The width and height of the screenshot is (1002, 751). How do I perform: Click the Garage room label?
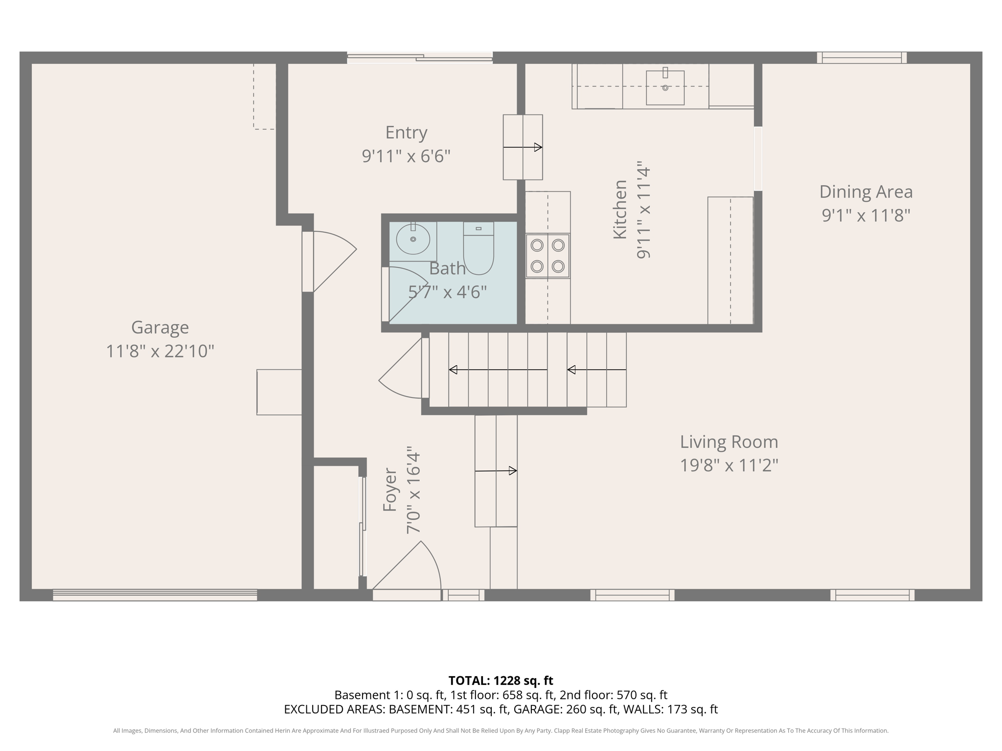click(x=160, y=327)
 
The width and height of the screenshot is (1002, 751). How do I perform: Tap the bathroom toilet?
click(x=478, y=249)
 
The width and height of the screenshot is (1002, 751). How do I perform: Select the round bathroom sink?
click(x=413, y=240)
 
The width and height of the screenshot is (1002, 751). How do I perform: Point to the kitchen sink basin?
click(x=665, y=88)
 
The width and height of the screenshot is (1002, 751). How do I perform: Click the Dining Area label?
click(x=865, y=192)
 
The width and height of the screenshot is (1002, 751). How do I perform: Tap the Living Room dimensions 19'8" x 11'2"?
click(x=729, y=465)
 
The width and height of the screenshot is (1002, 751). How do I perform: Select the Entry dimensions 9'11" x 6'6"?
click(x=406, y=156)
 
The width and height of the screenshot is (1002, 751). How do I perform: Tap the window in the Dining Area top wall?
click(x=862, y=58)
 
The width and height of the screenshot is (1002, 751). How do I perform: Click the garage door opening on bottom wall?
click(x=155, y=595)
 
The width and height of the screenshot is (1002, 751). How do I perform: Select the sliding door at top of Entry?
click(x=419, y=58)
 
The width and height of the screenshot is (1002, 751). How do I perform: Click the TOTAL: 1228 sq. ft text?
click(x=501, y=681)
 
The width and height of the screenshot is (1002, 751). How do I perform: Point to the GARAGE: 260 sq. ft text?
click(x=565, y=709)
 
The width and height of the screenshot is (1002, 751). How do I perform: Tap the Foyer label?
click(x=389, y=490)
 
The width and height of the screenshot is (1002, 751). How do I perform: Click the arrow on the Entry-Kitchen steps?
click(x=523, y=147)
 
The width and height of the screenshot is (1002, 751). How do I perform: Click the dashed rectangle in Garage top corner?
click(x=264, y=97)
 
